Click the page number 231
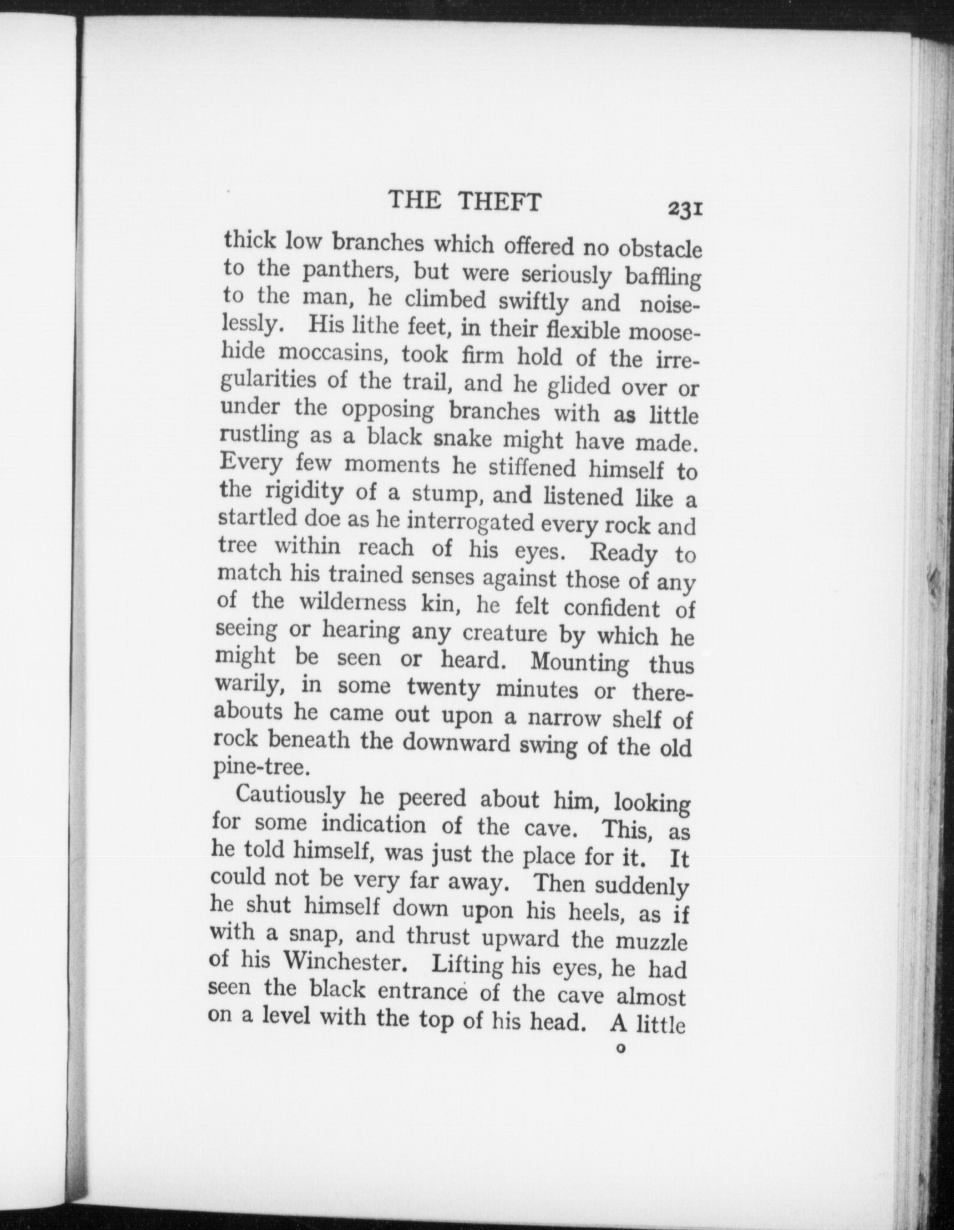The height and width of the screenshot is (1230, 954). point(687,209)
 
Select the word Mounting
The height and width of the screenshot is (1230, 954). point(579,662)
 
